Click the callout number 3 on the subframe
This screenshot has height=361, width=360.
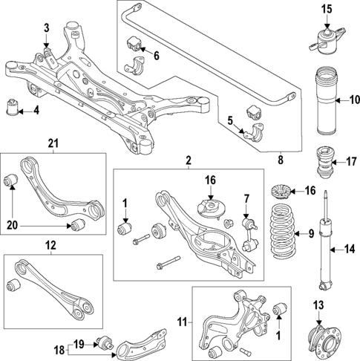(46, 28)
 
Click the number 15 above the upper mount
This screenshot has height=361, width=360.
(327, 9)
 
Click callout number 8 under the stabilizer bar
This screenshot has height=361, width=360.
(280, 158)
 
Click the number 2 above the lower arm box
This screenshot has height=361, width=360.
(189, 160)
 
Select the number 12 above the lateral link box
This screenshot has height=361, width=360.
(50, 244)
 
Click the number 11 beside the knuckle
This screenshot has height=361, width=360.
(183, 323)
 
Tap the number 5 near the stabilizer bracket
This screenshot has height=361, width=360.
(231, 120)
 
